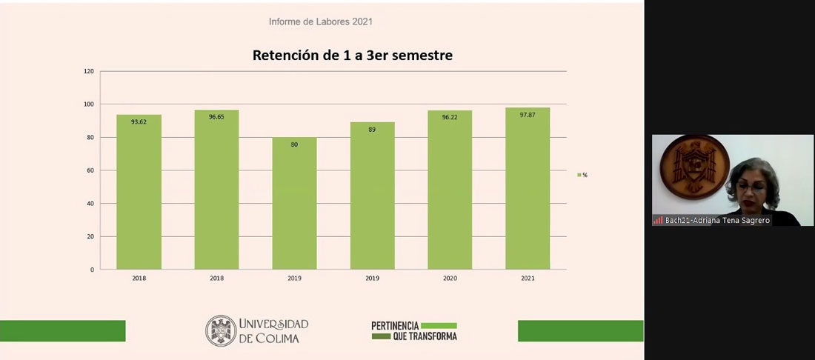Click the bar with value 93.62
point(139,192)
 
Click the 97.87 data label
point(528,115)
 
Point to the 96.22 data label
point(450,117)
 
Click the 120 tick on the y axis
point(89,72)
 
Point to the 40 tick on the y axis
point(90,204)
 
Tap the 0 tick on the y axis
point(92,270)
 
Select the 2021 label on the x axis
point(528,279)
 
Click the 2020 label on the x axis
point(450,279)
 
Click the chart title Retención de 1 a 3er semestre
point(353,55)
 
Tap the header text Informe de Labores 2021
point(320,21)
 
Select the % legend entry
point(582,175)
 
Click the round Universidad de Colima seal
point(221,330)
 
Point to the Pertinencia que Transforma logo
point(414,330)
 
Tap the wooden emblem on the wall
point(685,166)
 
